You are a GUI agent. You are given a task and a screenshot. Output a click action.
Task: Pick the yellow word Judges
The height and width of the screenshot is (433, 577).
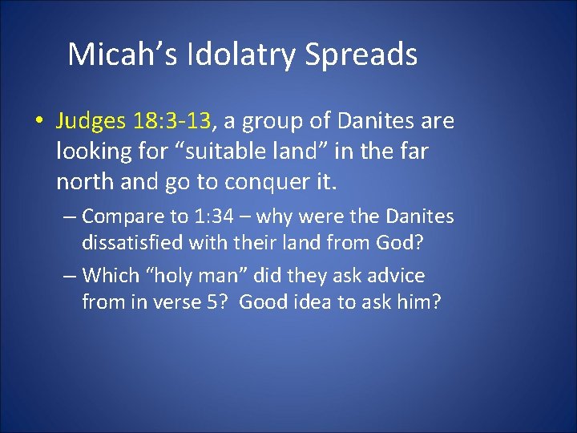90,122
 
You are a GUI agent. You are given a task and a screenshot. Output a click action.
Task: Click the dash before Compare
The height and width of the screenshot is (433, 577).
71,216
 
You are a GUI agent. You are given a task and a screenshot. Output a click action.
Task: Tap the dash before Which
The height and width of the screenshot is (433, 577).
71,276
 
